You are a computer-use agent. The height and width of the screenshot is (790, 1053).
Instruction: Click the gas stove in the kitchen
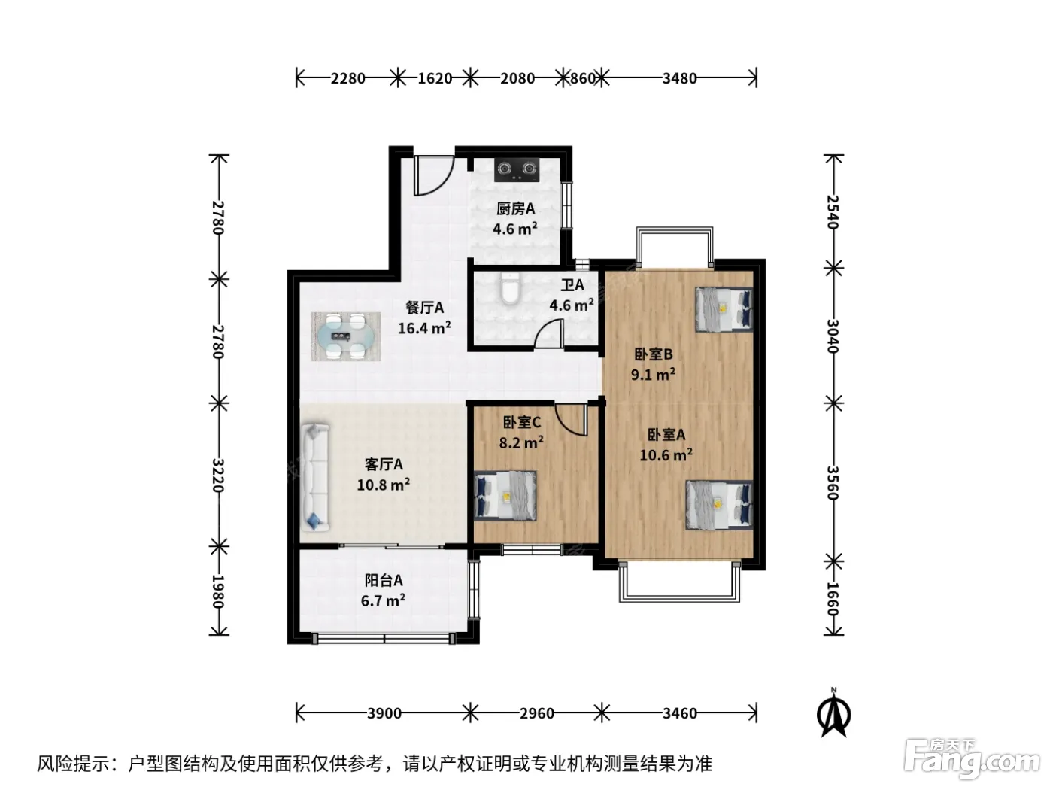517,170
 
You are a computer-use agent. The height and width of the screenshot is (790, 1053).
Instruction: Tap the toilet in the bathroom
509,288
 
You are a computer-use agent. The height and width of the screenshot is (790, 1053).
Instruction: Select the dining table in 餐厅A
345,336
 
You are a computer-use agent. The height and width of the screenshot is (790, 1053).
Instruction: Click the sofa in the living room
314,477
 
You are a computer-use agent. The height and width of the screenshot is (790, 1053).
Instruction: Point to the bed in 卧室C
505,496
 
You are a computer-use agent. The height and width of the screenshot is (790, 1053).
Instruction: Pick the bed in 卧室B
724,309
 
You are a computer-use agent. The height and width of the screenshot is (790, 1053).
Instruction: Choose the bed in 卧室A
719,505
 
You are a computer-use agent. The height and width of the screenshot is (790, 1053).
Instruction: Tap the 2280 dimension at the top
347,78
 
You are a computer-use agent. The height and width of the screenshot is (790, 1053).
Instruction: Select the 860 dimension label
582,78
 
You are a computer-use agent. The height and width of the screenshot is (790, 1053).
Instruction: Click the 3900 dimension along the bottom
384,714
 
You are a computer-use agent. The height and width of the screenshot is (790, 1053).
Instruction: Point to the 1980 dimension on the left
218,591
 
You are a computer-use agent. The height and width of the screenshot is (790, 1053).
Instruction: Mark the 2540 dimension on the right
833,212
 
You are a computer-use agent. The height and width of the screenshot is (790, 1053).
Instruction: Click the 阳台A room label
384,580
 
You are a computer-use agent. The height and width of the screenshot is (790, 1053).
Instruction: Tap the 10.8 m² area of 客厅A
383,485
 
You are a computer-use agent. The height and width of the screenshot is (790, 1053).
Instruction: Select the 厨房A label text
515,208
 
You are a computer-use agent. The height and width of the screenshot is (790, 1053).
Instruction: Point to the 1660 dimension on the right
833,600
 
